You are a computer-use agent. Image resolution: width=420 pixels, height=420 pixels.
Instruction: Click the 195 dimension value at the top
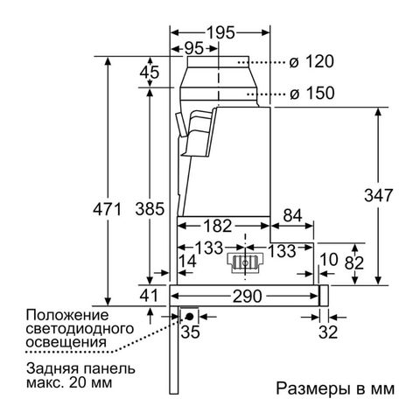click(220, 32)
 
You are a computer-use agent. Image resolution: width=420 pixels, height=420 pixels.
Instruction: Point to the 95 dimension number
click(193, 48)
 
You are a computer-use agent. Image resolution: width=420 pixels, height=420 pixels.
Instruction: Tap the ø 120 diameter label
click(311, 62)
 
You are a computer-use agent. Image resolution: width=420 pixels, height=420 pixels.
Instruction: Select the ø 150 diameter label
click(312, 94)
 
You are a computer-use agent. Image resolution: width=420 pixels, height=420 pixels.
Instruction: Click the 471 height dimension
click(107, 209)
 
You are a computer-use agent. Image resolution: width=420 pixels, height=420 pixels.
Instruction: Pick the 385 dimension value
click(150, 209)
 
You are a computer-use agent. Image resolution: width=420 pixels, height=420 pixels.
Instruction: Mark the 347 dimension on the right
click(378, 195)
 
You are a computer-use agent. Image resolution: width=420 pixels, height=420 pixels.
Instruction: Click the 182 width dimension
click(218, 226)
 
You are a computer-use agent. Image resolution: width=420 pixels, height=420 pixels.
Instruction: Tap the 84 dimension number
click(292, 216)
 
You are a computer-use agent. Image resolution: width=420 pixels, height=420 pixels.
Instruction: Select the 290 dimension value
click(248, 297)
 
